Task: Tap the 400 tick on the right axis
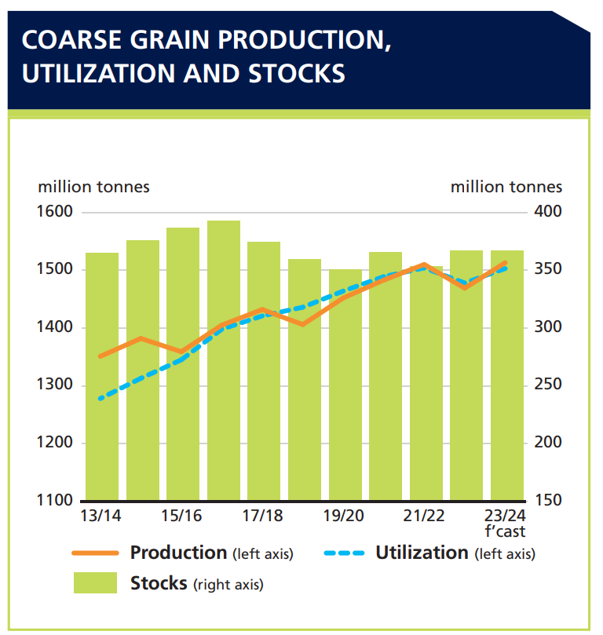pyautogui.click(x=548, y=212)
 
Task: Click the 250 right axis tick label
pyautogui.click(x=548, y=385)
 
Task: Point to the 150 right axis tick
pyautogui.click(x=548, y=501)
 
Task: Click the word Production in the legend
pyautogui.click(x=178, y=553)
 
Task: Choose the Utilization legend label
pyautogui.click(x=422, y=553)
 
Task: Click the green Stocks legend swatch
pyautogui.click(x=96, y=583)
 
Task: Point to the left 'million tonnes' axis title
pyautogui.click(x=93, y=187)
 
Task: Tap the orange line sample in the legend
pyautogui.click(x=96, y=553)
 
